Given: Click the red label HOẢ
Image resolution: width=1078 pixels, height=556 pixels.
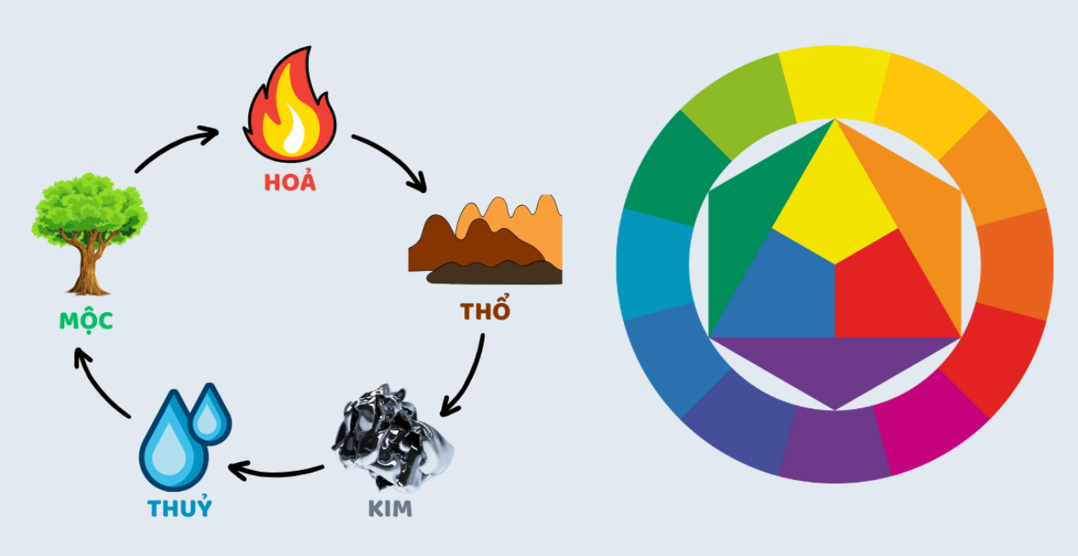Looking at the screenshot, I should tap(290, 182).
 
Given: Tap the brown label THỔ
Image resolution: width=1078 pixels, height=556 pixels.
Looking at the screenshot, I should tap(485, 310).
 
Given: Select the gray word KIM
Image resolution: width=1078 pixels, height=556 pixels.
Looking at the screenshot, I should tap(390, 510).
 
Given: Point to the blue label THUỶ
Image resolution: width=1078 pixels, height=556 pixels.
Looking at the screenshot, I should tap(179, 509).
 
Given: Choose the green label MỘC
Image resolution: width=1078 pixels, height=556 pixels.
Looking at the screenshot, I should tap(86, 321).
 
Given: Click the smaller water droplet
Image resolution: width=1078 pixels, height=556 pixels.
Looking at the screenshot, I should tap(209, 414).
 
